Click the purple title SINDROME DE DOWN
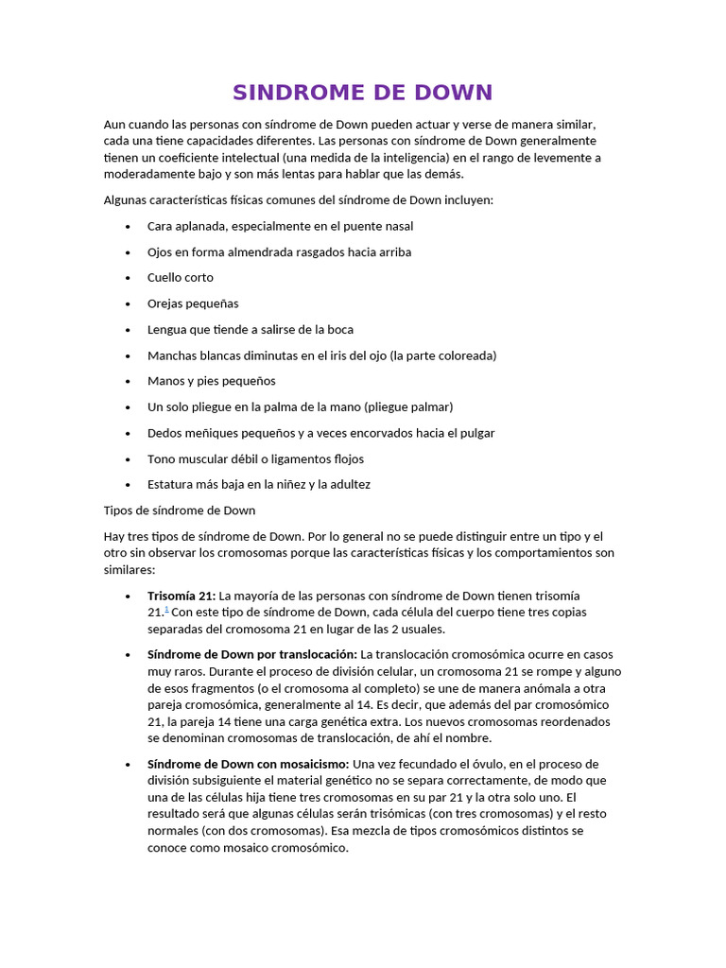363,93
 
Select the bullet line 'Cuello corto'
181,278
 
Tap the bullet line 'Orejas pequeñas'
193,303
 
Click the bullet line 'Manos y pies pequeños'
212,381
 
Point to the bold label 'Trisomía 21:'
181,596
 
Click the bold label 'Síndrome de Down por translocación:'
252,654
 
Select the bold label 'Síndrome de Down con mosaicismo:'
249,764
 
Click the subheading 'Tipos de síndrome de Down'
180,510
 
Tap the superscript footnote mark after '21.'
167,610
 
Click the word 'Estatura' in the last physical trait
171,485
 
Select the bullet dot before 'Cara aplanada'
128,227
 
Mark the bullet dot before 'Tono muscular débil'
128,459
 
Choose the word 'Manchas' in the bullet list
171,355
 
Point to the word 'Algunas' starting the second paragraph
125,200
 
